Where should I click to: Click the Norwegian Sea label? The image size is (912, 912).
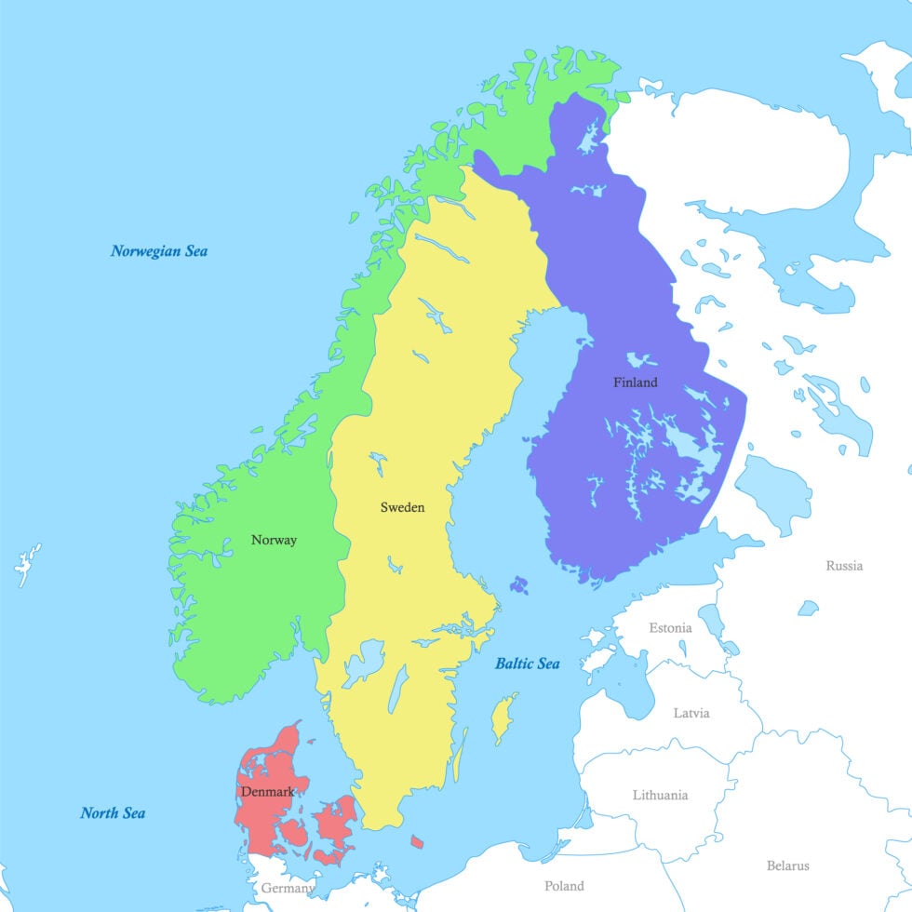point(159,251)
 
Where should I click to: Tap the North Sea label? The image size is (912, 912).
point(113,813)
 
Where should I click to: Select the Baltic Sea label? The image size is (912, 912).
point(527,664)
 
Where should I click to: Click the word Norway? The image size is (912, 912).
point(274,540)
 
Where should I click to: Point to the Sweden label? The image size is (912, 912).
point(402,507)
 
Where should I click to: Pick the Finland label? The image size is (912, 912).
point(635,382)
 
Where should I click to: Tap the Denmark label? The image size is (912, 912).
point(267,792)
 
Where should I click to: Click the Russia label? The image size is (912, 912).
point(844,566)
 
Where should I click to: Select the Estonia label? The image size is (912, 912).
point(670,628)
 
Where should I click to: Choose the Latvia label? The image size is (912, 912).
point(691,713)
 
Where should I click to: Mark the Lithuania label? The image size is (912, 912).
point(661,796)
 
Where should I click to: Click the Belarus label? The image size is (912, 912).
point(787,865)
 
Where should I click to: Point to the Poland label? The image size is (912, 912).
point(564,886)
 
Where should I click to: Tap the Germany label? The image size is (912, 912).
point(287,889)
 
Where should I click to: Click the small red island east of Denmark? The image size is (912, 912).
point(417,841)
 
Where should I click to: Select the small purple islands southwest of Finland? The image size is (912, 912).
point(518,585)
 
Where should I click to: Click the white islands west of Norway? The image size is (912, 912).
point(27,564)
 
